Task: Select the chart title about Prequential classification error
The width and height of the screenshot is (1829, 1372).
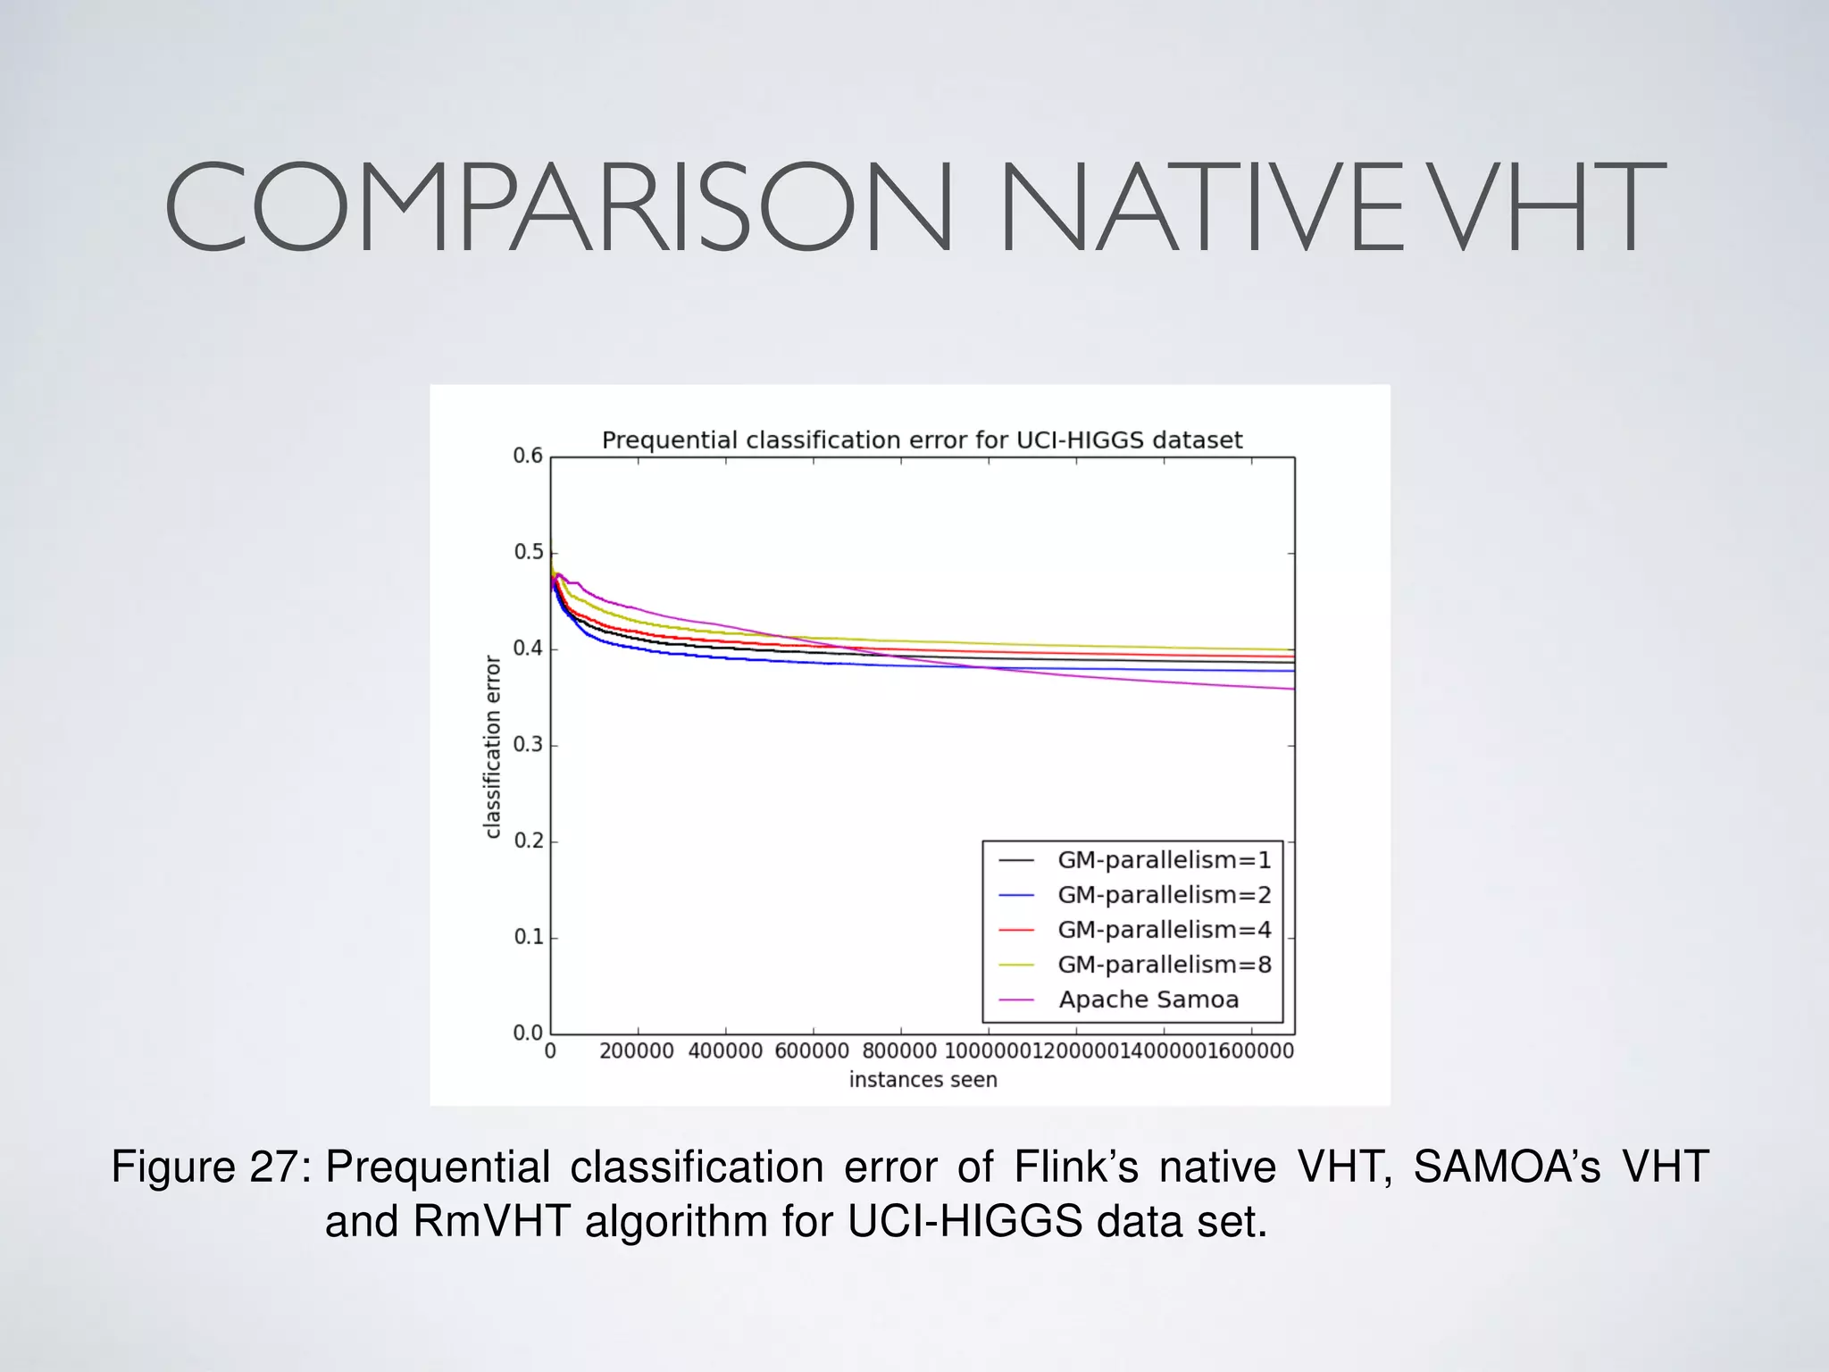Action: (x=922, y=440)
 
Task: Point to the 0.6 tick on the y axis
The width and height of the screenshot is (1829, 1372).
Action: (x=528, y=456)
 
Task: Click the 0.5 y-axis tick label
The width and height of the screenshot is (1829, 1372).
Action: (x=528, y=553)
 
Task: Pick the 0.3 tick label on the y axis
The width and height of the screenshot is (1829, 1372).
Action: (x=528, y=745)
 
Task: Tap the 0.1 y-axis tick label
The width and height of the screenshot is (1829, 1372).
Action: (x=528, y=937)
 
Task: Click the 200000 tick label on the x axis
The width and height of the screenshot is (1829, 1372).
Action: (x=637, y=1051)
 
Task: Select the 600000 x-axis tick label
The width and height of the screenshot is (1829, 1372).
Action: (x=812, y=1051)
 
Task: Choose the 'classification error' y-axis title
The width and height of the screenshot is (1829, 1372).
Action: (x=492, y=747)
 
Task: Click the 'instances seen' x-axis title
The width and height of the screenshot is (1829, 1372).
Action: (x=923, y=1080)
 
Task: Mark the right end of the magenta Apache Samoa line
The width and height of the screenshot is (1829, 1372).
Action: (x=1292, y=689)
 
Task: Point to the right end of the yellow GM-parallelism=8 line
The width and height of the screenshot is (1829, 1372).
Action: (x=1292, y=649)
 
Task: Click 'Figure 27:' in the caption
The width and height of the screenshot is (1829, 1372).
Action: (x=211, y=1167)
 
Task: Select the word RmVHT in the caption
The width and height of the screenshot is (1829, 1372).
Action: (x=491, y=1222)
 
